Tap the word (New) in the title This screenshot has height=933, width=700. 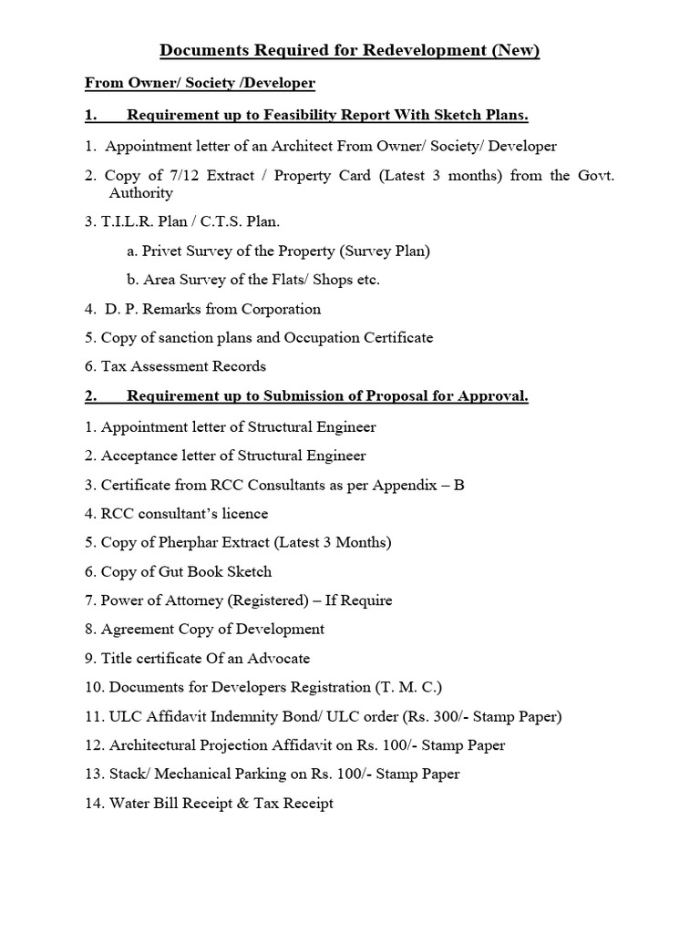coord(516,51)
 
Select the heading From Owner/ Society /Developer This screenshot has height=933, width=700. coord(200,84)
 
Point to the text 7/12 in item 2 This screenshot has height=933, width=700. coord(172,175)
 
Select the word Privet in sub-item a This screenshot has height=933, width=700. coord(164,251)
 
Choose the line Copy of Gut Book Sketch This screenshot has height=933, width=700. coord(186,572)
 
